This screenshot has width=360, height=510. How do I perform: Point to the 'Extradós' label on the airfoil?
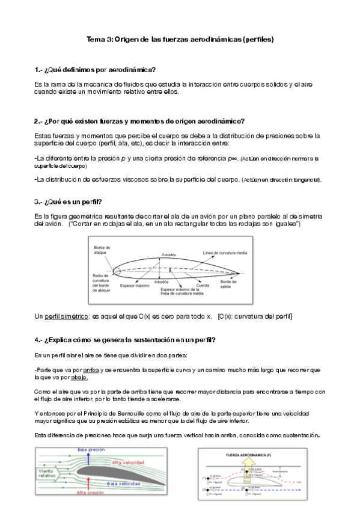[169, 254]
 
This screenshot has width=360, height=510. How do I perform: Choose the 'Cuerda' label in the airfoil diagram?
[203, 284]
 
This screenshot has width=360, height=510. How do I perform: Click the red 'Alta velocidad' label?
[129, 462]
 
